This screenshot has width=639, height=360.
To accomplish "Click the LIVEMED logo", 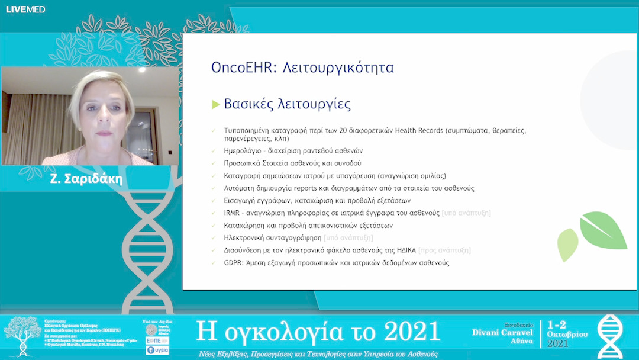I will pyautogui.click(x=25, y=9).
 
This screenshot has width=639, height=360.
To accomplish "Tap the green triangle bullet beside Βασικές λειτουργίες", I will pyautogui.click(x=216, y=105).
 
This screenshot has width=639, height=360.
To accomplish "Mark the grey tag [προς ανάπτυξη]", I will pyautogui.click(x=444, y=250).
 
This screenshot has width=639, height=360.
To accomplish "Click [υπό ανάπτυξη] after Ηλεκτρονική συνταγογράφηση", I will pyautogui.click(x=348, y=237).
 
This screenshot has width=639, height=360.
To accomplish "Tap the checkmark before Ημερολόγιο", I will pyautogui.click(x=214, y=151).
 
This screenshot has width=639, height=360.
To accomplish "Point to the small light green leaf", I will pyautogui.click(x=568, y=245).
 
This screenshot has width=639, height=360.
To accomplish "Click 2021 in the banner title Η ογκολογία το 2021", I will pyautogui.click(x=411, y=332).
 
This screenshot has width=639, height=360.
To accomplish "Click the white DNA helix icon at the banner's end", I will pyautogui.click(x=609, y=336).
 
